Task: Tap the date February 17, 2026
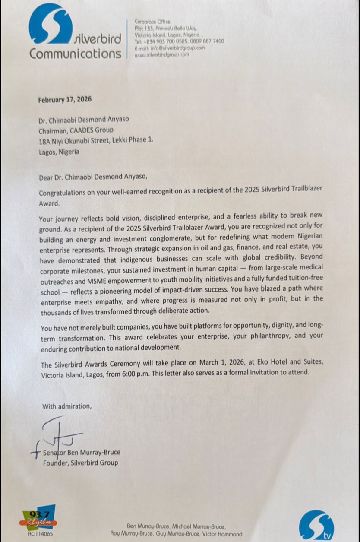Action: (65, 99)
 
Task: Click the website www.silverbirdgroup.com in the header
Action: (162, 55)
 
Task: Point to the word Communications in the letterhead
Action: (76, 54)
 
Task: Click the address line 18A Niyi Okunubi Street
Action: (95, 141)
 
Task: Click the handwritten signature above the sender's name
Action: (60, 434)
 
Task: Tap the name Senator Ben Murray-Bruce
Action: (82, 453)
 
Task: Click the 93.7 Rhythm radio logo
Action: (40, 518)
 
